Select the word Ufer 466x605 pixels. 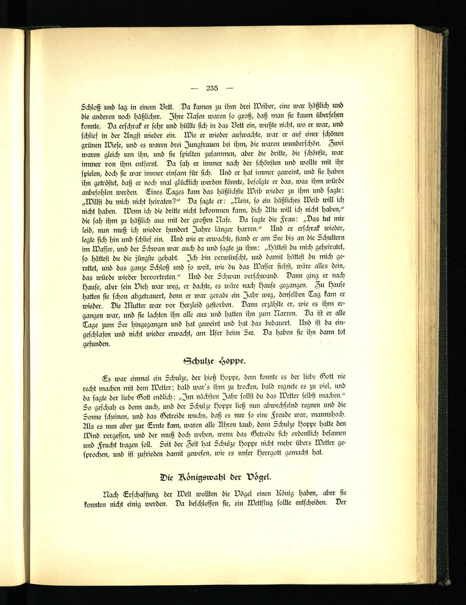point(211,334)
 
